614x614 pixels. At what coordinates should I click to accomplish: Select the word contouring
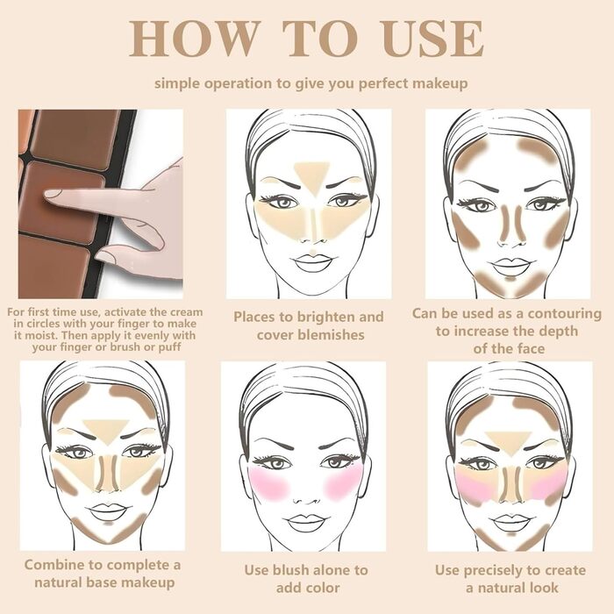coord(553,313)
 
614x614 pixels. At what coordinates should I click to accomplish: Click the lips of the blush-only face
coord(305,522)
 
